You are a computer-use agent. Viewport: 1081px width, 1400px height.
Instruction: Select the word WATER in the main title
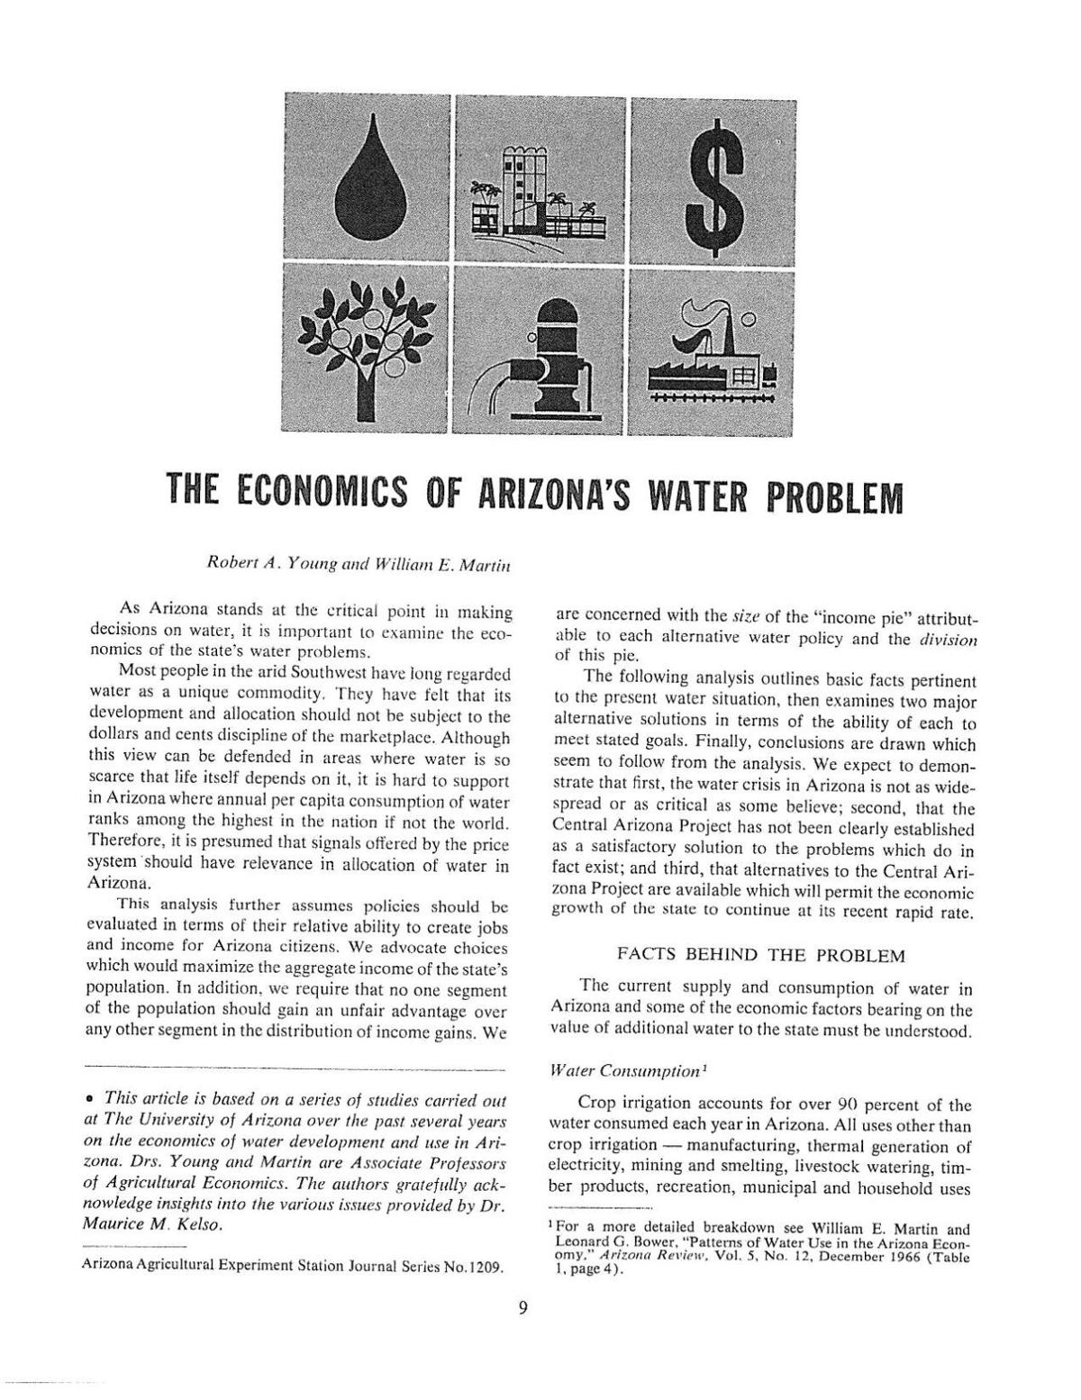tap(691, 495)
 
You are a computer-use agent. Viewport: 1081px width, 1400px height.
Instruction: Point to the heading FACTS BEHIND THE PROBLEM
tap(761, 954)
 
